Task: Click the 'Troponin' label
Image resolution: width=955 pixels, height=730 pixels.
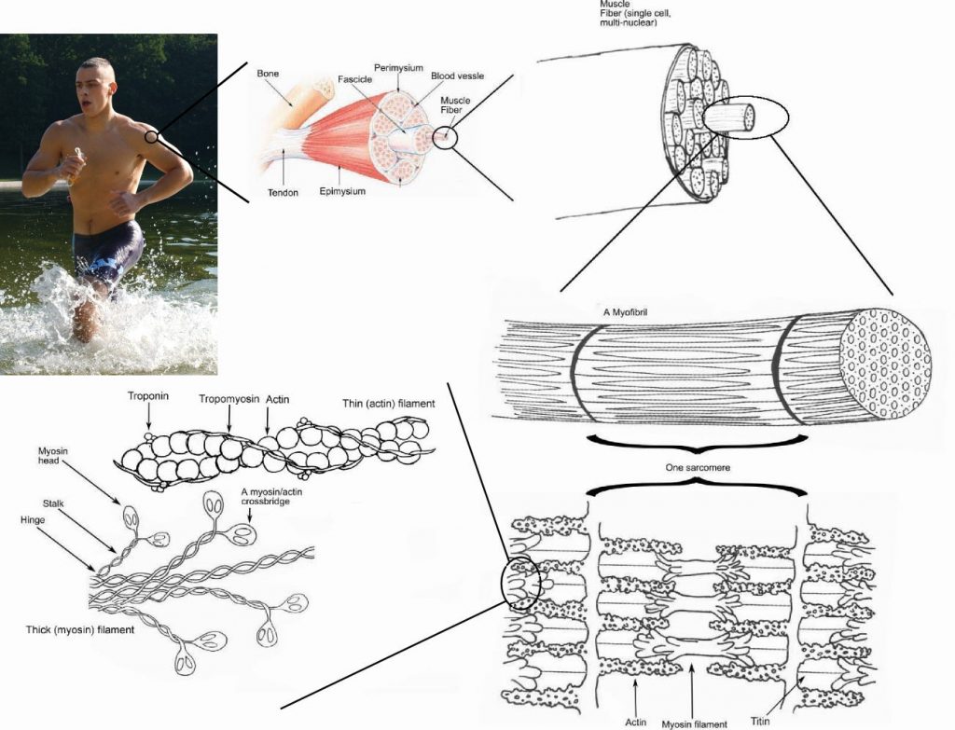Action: (x=148, y=395)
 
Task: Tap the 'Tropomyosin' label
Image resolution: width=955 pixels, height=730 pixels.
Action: (x=228, y=399)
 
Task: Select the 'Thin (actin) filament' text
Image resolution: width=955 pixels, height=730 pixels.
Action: (x=389, y=402)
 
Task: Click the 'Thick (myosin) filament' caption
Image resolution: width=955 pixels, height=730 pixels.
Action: (x=79, y=630)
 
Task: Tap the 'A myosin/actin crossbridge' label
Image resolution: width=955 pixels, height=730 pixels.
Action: (x=269, y=497)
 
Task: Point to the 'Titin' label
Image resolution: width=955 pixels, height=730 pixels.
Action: (x=762, y=721)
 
